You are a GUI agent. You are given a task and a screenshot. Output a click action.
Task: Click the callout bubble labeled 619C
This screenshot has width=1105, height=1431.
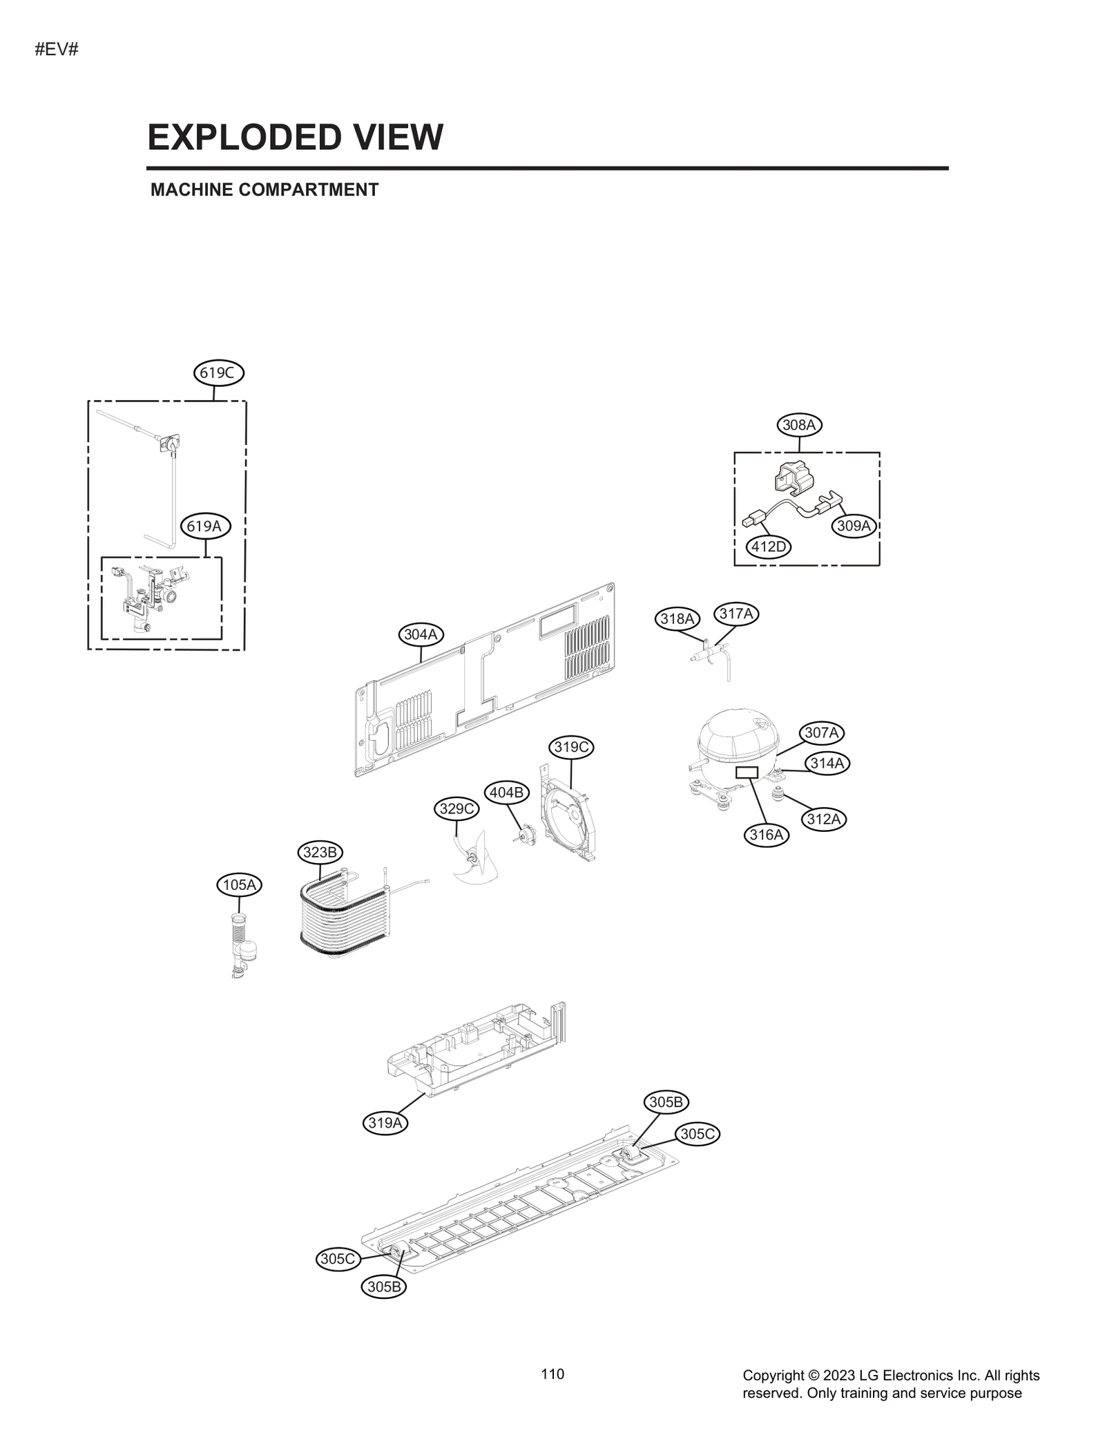coord(218,373)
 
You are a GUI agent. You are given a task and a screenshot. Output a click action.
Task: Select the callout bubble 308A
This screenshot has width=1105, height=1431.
coord(799,425)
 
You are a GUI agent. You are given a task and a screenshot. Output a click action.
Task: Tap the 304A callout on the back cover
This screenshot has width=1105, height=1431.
coord(421,634)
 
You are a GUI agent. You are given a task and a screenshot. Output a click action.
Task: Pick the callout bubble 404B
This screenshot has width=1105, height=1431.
coord(506,793)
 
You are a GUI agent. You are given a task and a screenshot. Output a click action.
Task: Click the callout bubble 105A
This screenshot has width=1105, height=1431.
coord(240,884)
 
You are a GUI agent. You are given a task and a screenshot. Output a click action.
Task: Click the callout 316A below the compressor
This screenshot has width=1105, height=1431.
coord(767,835)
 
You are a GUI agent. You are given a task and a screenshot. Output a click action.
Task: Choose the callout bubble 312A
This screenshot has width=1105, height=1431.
coord(823,819)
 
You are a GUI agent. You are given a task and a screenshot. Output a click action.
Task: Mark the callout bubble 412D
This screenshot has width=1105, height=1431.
coord(769,547)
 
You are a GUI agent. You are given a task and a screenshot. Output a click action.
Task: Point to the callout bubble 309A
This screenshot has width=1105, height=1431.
coord(854,526)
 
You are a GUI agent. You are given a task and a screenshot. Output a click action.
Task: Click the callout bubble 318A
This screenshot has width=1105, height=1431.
coord(677,619)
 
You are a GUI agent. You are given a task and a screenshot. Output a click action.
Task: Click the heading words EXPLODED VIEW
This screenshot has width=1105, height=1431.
coord(295,137)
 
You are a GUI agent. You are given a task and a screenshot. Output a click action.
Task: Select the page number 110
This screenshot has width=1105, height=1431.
coord(552,1374)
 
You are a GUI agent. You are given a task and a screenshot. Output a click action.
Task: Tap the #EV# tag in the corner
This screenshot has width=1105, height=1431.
coord(56,50)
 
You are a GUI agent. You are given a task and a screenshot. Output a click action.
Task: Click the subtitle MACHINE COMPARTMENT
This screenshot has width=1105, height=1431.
coord(265,190)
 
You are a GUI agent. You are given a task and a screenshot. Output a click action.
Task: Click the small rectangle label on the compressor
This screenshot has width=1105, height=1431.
coord(747,773)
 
